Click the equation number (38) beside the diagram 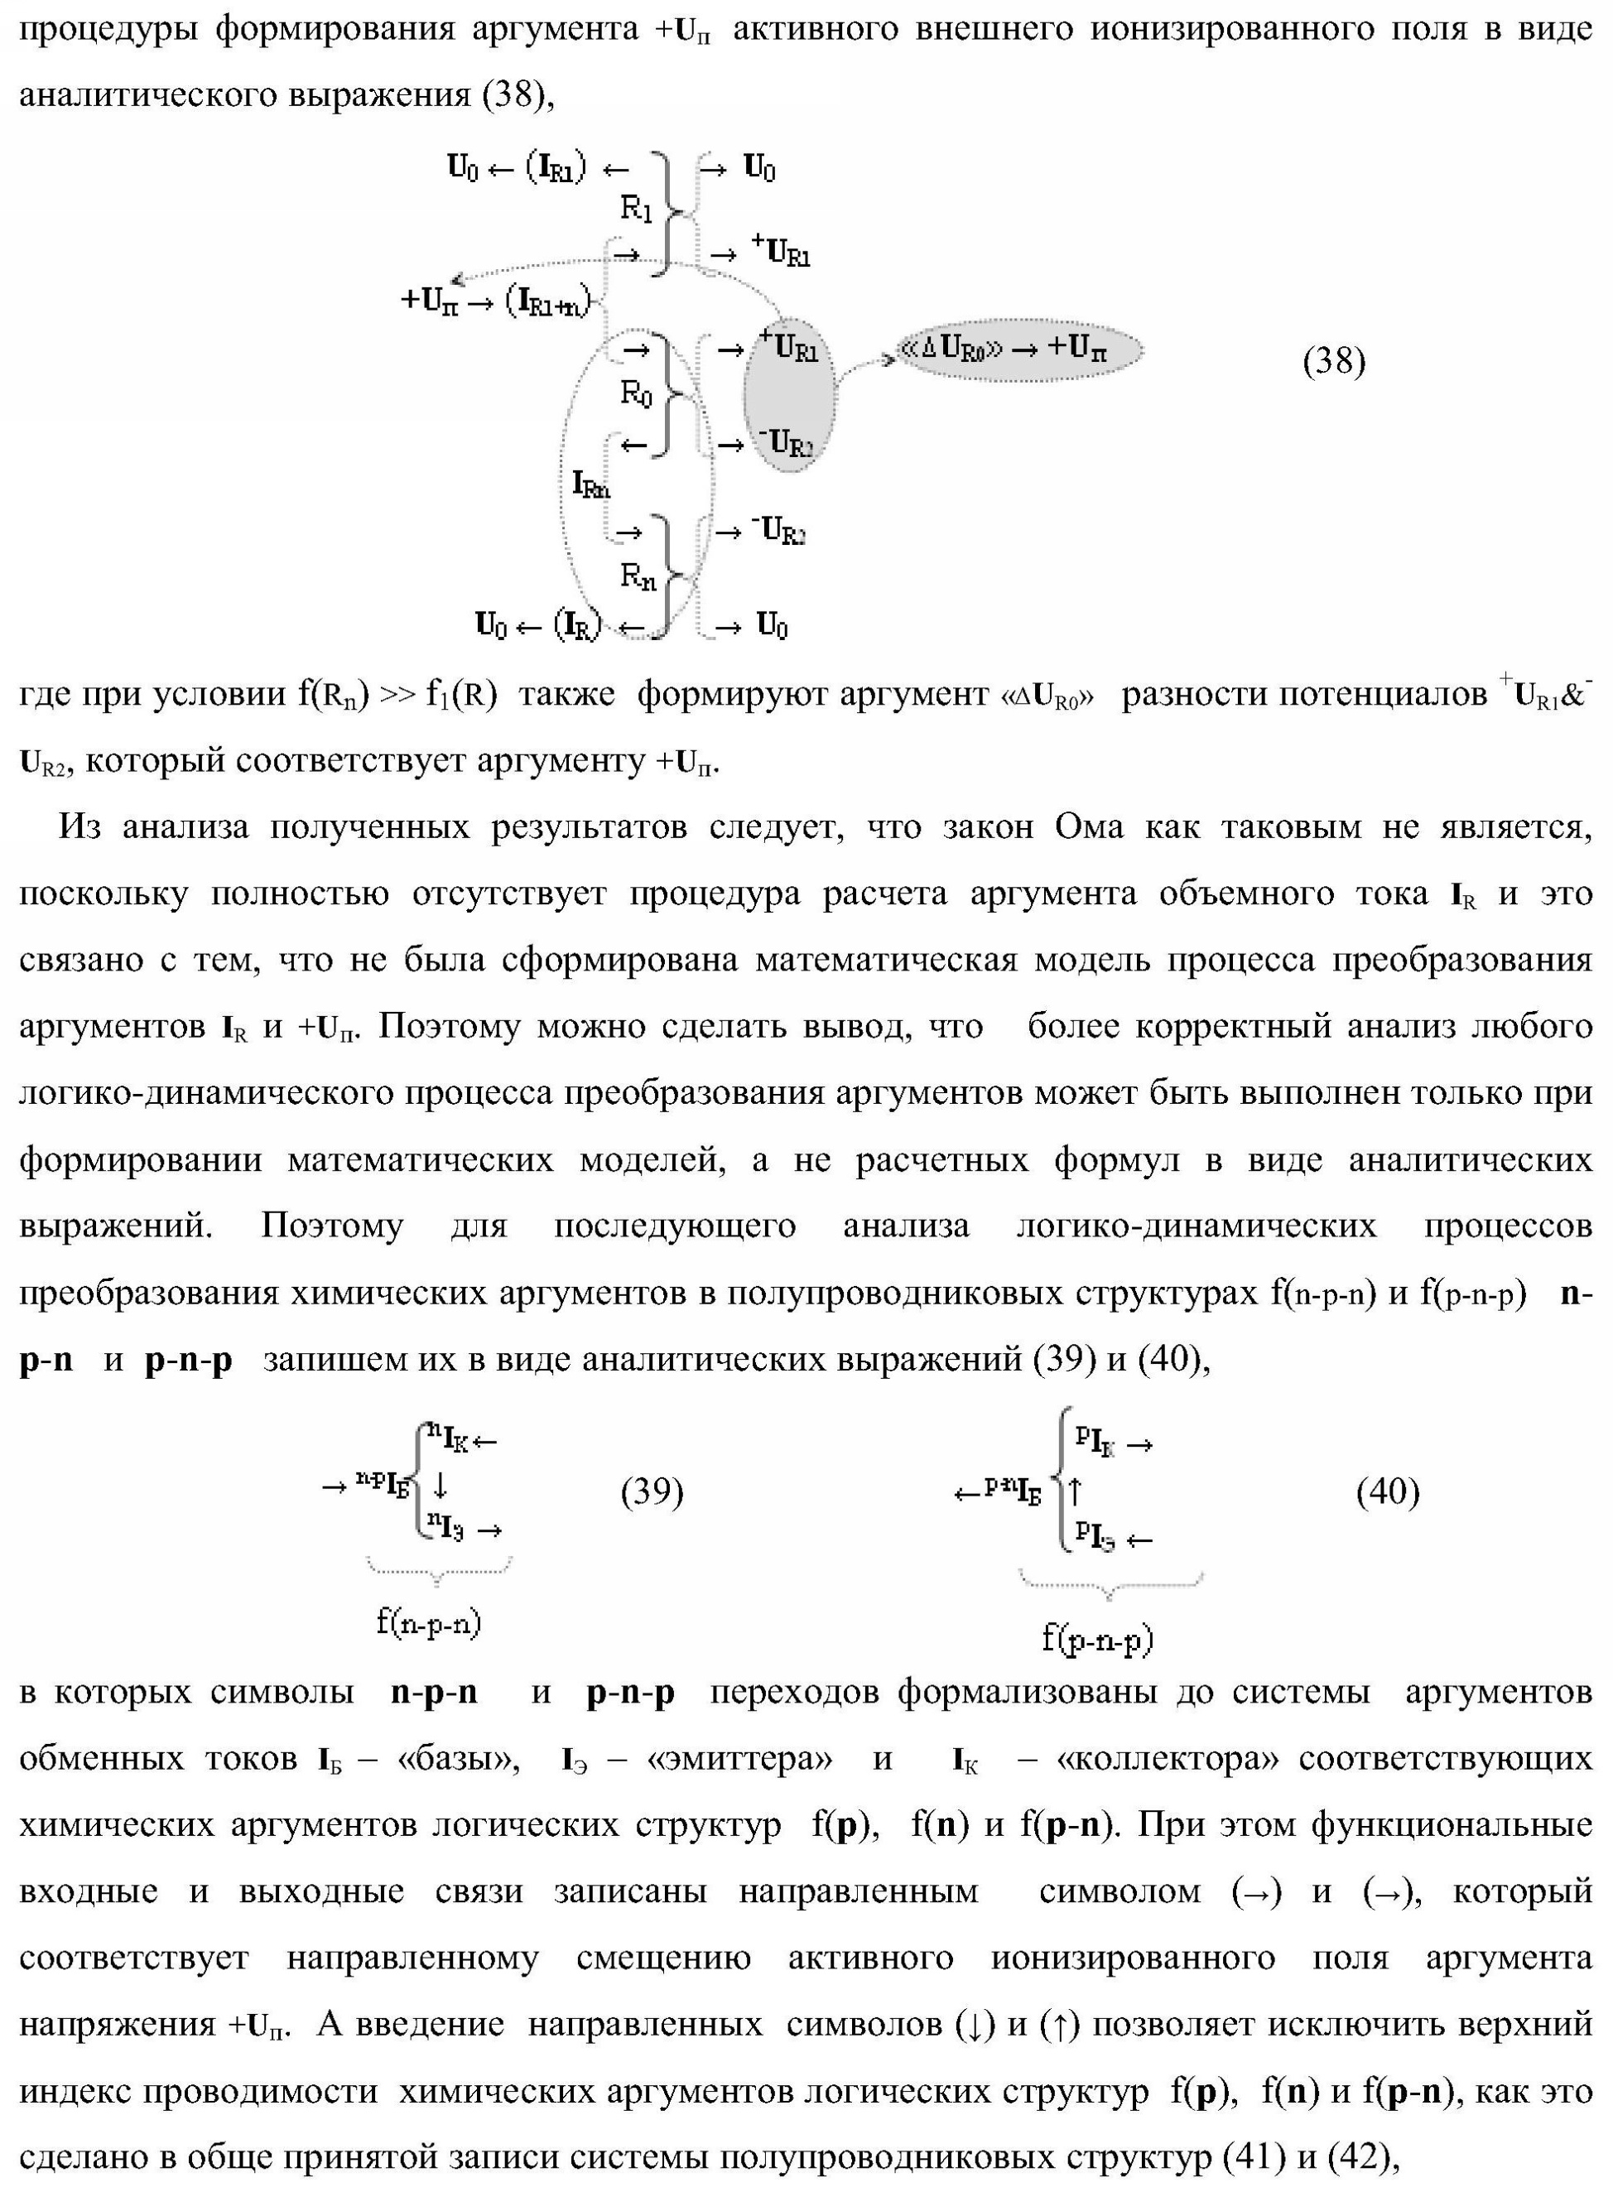1334,362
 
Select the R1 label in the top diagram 637,208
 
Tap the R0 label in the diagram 637,393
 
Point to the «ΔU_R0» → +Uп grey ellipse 1018,349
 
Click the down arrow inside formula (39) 441,1485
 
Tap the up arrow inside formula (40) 1075,1491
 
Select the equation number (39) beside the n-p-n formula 652,1491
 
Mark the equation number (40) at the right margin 1388,1491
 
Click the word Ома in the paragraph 1089,827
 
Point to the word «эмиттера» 740,1758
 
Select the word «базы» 459,1758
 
